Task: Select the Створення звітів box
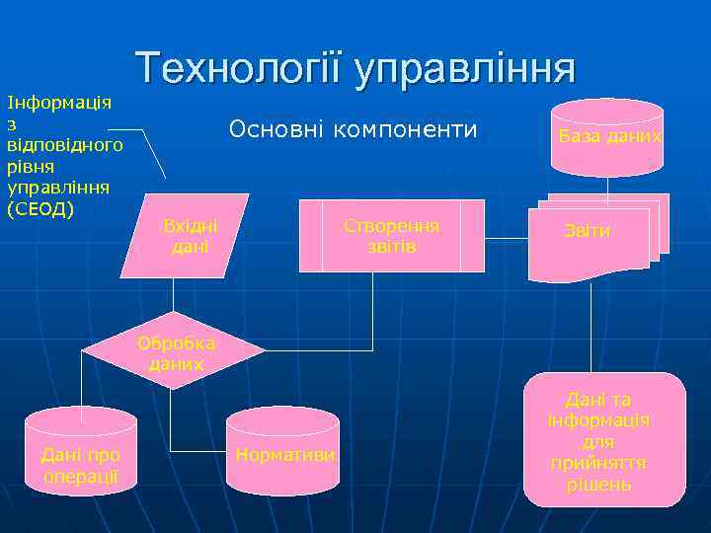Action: (x=391, y=236)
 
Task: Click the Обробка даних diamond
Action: (x=174, y=351)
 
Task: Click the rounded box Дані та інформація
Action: (x=603, y=439)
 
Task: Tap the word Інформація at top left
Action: (x=58, y=102)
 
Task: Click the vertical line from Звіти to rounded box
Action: (x=591, y=326)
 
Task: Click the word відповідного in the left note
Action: (x=64, y=145)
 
